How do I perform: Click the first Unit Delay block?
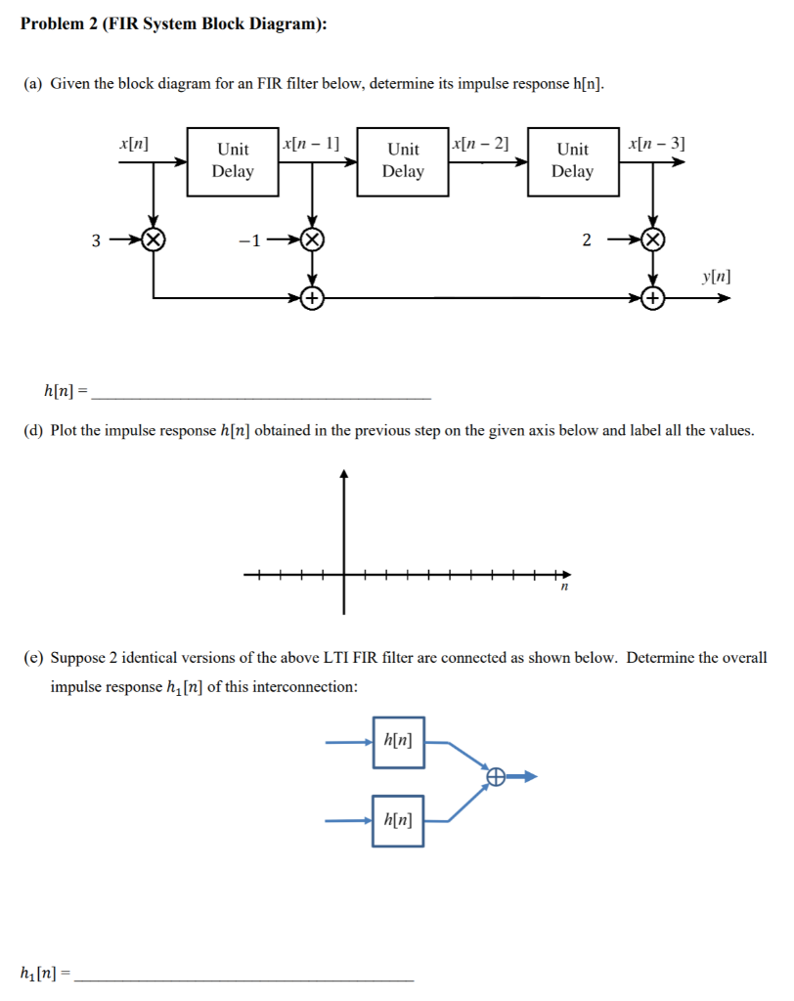point(233,161)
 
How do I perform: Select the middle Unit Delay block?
point(403,161)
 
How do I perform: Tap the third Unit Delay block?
point(573,161)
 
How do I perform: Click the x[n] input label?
point(133,143)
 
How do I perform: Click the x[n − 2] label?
point(480,143)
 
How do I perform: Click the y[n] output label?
point(716,277)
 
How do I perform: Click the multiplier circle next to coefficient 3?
point(153,239)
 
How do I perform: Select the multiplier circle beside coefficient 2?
point(653,239)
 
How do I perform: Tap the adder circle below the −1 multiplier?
point(312,298)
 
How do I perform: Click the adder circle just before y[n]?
point(653,298)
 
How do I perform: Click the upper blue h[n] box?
point(398,741)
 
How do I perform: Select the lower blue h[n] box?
point(398,821)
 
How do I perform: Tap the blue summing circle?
point(496,777)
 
